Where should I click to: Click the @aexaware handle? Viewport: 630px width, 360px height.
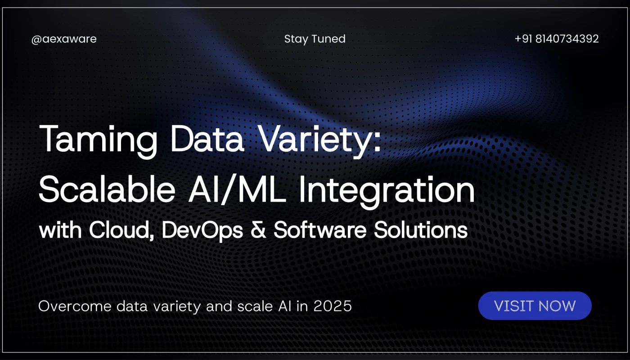click(x=64, y=39)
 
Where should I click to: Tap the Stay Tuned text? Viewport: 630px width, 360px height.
click(x=315, y=39)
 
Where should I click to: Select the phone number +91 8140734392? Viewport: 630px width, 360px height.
click(x=556, y=39)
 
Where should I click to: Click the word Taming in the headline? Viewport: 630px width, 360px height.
click(x=99, y=140)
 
